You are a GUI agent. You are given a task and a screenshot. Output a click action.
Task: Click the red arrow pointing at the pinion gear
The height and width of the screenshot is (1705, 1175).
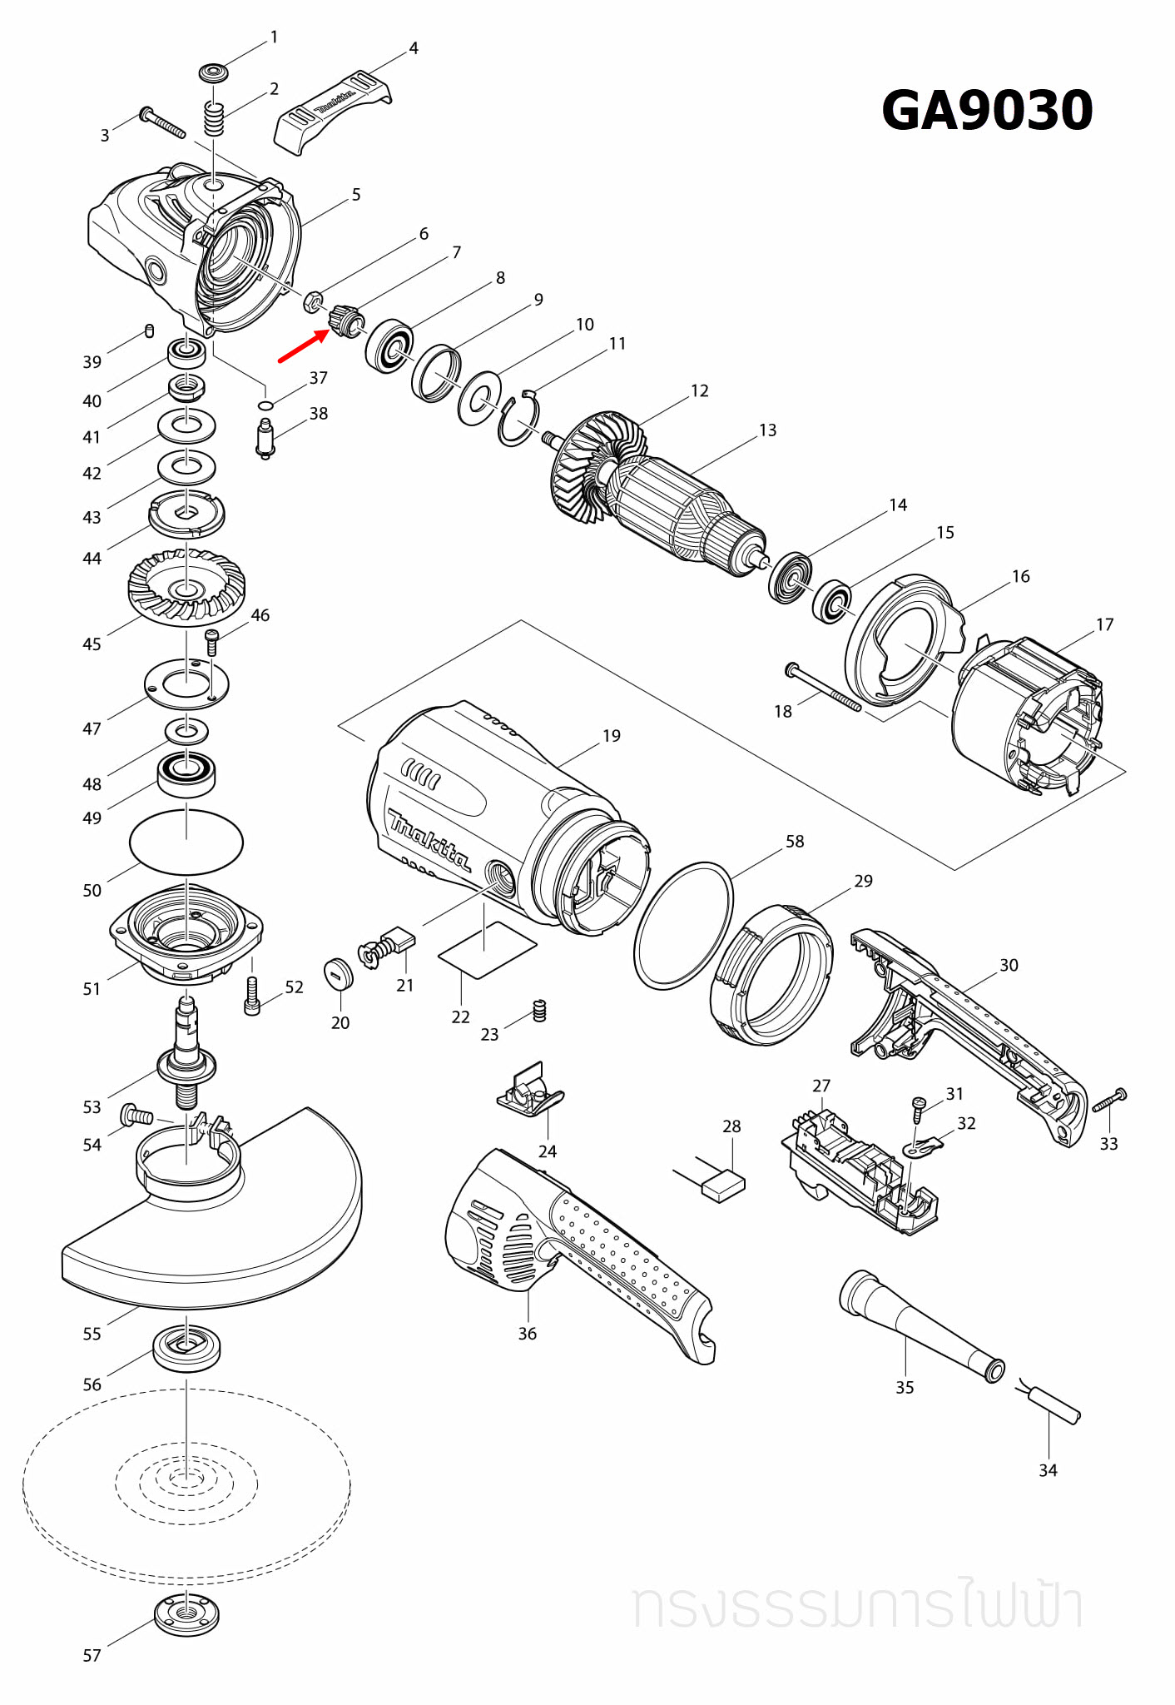coord(303,347)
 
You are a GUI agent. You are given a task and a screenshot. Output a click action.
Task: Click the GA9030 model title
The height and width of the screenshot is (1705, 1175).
coord(987,111)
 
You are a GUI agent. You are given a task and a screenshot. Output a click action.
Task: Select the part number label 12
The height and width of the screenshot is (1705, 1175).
coord(700,391)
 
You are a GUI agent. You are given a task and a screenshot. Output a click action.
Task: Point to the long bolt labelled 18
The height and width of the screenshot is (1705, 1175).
coord(823,688)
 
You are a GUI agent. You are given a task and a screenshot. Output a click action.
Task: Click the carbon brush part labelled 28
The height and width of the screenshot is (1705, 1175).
coord(723,1184)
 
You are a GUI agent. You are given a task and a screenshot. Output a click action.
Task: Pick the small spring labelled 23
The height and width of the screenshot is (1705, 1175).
coord(539,1011)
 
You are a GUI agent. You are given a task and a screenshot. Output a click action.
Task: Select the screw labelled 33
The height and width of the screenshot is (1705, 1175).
coord(1110,1101)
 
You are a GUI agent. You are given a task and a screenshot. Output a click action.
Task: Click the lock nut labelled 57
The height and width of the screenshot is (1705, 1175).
coord(187,1615)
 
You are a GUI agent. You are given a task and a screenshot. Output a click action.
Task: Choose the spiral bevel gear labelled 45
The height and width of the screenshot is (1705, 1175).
coord(186,587)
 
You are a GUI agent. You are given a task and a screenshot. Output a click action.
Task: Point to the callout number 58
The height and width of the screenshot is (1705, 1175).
coord(795,842)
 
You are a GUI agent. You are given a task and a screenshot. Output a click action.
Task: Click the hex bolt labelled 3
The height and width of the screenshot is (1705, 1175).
coord(163,122)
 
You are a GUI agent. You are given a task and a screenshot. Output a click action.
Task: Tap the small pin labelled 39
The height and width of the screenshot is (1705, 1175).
coord(150,331)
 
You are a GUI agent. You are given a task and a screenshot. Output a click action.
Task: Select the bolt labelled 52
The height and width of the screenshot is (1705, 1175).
coord(253,996)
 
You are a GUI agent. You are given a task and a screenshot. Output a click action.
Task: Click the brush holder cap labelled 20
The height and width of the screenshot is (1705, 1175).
coord(339,974)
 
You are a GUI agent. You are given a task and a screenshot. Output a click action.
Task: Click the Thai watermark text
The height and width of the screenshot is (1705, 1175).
coord(857,1607)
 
